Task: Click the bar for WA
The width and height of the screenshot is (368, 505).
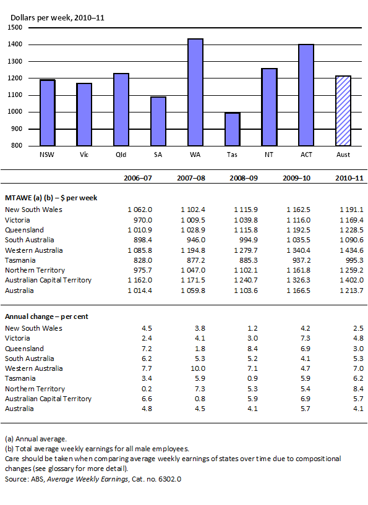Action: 195,92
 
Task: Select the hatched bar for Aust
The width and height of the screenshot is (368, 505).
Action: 343,111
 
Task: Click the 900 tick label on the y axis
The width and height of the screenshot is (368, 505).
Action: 17,129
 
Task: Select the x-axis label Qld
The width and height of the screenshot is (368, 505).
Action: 121,155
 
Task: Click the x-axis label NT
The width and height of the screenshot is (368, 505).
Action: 269,155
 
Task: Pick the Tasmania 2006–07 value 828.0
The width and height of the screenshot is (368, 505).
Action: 142,260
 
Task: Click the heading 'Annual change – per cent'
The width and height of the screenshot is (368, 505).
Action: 46,316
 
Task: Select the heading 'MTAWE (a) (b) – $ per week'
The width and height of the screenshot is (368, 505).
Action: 51,198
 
